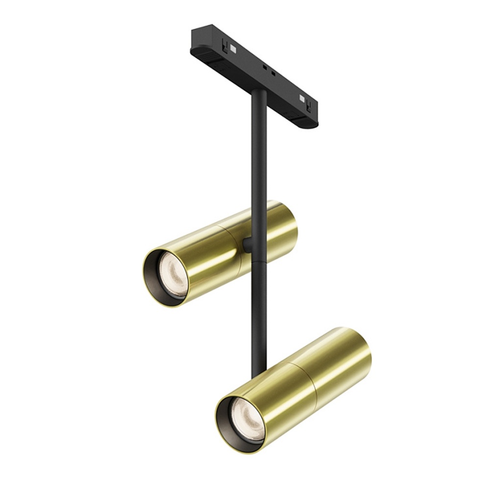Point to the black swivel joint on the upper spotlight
(247, 245)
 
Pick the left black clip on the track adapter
(225, 48)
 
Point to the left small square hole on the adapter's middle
(264, 67)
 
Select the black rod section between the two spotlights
(258, 318)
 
